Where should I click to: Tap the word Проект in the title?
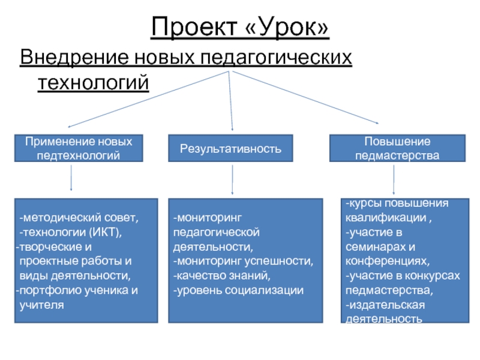pos(194,26)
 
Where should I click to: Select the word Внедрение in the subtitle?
pos(74,57)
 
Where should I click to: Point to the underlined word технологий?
pos(94,82)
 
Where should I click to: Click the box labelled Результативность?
pos(230,148)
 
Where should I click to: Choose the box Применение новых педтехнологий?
pos(79,148)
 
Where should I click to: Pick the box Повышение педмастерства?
pos(397,148)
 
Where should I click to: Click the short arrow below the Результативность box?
pos(232,179)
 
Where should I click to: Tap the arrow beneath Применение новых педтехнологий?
pos(71,178)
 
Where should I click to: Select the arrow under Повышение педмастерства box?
pos(394,179)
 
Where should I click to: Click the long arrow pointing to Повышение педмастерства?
pos(305,97)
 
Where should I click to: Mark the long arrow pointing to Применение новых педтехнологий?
pos(148,99)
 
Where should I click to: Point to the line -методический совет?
pos(79,218)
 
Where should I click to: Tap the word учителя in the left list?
pos(41,305)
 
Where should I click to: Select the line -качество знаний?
pos(222,275)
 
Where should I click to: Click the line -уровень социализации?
pos(238,290)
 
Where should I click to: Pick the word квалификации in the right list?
pos(386,218)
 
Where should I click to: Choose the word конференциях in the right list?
pos(388,261)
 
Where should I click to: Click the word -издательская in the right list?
pos(385,305)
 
